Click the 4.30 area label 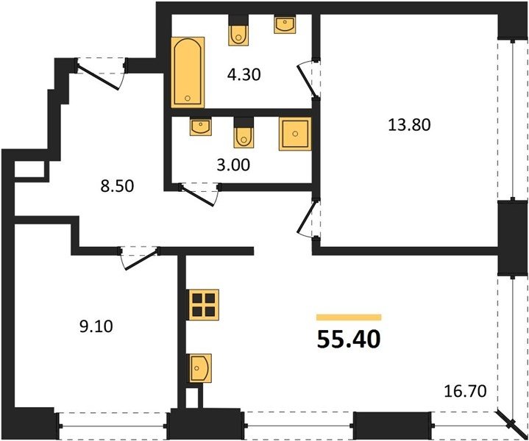[244, 74]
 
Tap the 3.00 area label [233, 165]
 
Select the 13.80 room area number [409, 125]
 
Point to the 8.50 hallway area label [117, 186]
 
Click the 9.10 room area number [96, 326]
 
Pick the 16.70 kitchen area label [465, 391]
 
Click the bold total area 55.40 [349, 339]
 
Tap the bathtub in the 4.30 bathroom [188, 72]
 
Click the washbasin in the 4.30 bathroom [285, 24]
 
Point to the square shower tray [295, 134]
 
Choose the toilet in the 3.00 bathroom [244, 133]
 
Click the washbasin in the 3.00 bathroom [201, 126]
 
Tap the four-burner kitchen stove [204, 305]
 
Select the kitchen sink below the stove [200, 368]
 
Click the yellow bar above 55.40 [349, 318]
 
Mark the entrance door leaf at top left [98, 77]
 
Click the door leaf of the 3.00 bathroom [197, 196]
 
